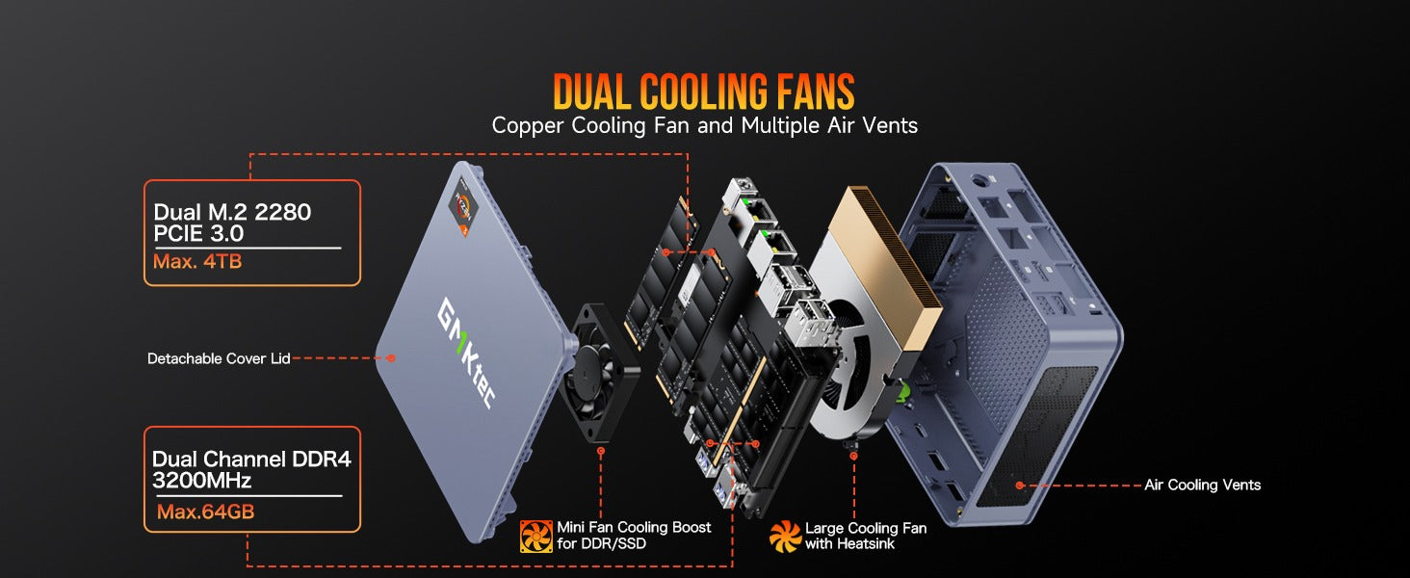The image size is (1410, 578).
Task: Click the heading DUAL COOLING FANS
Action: pyautogui.click(x=704, y=92)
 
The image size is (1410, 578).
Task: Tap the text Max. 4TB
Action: pyautogui.click(x=197, y=261)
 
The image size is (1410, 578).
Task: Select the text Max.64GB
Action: pyautogui.click(x=205, y=512)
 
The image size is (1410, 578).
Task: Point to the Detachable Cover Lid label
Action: pyautogui.click(x=219, y=358)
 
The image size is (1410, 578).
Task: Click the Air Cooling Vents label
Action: pyautogui.click(x=1202, y=485)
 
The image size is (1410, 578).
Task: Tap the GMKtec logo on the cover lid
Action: pyautogui.click(x=466, y=353)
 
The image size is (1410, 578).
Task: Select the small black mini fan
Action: pyautogui.click(x=599, y=372)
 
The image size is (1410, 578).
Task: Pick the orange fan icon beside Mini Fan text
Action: pyautogui.click(x=535, y=536)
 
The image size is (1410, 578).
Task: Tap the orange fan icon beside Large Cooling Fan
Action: pyautogui.click(x=785, y=536)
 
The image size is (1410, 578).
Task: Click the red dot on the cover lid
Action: pyautogui.click(x=391, y=358)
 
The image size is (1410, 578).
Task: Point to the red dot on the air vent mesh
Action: pyautogui.click(x=1020, y=485)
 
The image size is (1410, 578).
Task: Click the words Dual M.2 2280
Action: pyautogui.click(x=232, y=212)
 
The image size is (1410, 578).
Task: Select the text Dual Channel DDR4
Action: pyautogui.click(x=251, y=459)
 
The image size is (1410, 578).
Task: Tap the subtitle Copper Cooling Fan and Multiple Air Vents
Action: pyautogui.click(x=704, y=125)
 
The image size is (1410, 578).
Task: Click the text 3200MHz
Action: pyautogui.click(x=201, y=481)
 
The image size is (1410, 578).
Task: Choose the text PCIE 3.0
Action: pyautogui.click(x=198, y=234)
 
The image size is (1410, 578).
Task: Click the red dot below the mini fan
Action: pyautogui.click(x=601, y=452)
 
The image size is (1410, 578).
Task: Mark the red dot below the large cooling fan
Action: pyautogui.click(x=853, y=456)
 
